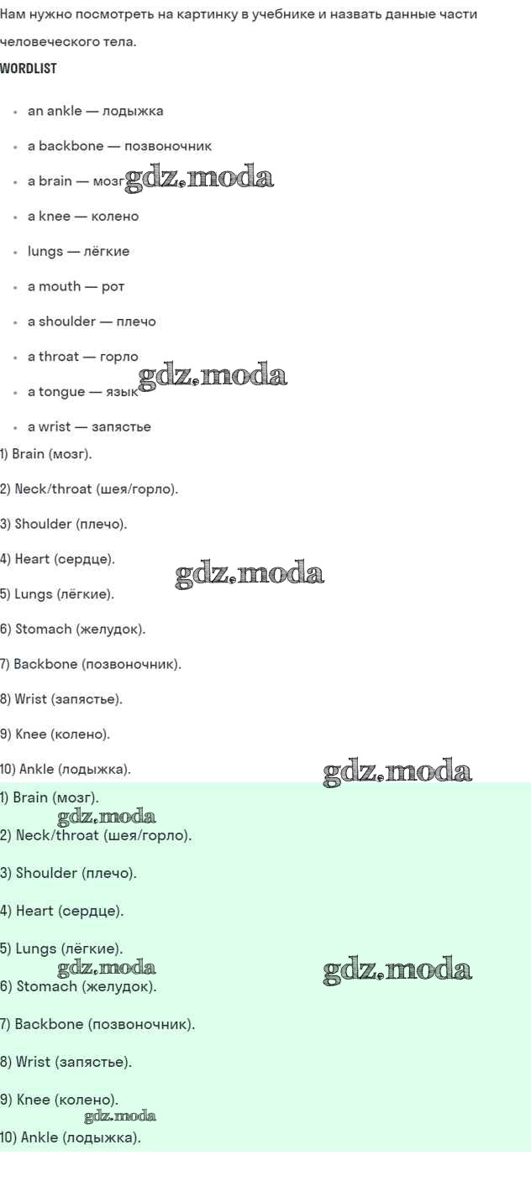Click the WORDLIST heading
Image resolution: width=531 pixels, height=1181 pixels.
(29, 69)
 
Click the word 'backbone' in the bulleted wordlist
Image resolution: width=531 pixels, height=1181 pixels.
(71, 146)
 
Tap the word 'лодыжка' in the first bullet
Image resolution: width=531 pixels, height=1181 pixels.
(133, 112)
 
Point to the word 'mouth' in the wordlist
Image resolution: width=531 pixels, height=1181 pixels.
(60, 286)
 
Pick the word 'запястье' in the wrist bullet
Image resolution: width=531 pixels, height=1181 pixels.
(121, 427)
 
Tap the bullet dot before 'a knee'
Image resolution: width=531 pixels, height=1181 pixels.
(15, 217)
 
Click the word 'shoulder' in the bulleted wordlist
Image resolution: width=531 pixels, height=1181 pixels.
(67, 321)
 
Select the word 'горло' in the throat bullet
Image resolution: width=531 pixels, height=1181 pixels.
(118, 357)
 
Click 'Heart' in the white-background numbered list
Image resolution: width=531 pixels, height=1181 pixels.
(32, 559)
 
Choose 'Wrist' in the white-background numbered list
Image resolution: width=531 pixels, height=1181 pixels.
(30, 699)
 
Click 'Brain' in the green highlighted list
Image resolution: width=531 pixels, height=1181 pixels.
(29, 797)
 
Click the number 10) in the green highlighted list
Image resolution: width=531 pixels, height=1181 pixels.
(8, 1137)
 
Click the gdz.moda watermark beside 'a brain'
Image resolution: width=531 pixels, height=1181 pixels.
(199, 178)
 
